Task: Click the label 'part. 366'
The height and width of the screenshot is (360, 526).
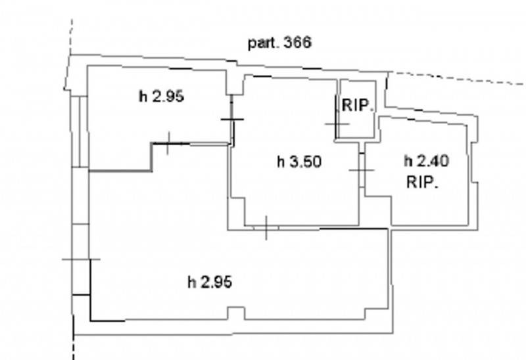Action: [x=280, y=43]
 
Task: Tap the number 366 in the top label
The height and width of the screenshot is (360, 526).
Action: [x=298, y=42]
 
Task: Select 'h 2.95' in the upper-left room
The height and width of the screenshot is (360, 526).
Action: [x=161, y=97]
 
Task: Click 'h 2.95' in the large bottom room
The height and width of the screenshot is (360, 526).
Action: [x=210, y=282]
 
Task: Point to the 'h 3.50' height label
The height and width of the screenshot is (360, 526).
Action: [x=299, y=162]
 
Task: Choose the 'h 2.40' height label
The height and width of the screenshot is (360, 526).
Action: [x=426, y=161]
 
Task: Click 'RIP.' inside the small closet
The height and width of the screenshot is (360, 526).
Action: [x=357, y=106]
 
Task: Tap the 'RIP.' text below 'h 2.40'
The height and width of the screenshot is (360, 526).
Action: [x=422, y=183]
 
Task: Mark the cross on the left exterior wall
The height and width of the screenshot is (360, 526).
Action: [x=81, y=259]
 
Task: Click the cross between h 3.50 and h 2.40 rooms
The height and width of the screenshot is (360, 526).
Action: [x=362, y=170]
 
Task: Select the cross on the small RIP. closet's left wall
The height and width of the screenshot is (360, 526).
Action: [x=337, y=124]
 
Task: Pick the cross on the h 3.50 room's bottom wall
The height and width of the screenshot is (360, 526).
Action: [x=266, y=228]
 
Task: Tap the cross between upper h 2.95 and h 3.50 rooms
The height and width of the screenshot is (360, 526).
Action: [x=232, y=119]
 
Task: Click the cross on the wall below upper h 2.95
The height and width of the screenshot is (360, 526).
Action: [x=168, y=143]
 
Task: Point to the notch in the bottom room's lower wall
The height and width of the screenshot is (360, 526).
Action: [x=237, y=313]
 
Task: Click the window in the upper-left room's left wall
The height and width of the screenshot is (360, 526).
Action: [x=80, y=131]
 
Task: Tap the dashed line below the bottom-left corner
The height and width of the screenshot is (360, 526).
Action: [x=74, y=348]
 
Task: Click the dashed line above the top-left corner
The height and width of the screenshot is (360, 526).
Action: [x=71, y=37]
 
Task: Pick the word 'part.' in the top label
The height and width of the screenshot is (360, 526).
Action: [x=263, y=43]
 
